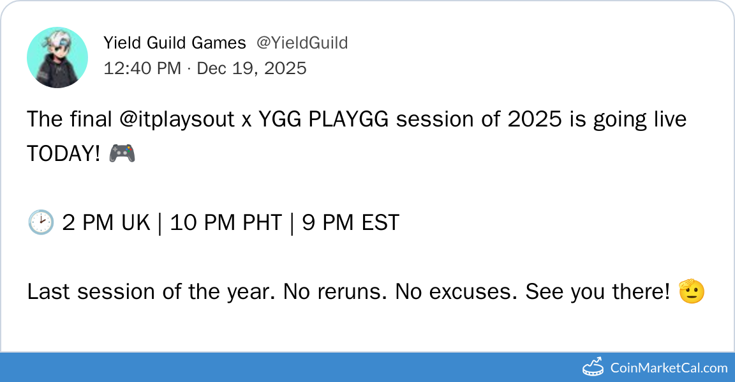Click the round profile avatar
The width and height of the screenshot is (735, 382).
click(57, 57)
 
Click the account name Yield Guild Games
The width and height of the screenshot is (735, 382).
click(174, 43)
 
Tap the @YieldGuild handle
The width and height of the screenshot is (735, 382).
click(302, 43)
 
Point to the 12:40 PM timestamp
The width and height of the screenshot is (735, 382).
click(142, 68)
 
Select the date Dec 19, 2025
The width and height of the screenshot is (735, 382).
click(252, 68)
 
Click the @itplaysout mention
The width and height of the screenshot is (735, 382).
click(177, 119)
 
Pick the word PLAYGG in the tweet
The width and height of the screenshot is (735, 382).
click(348, 119)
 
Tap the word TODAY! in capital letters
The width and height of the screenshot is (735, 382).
click(63, 153)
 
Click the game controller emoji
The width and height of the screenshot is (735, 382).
click(122, 153)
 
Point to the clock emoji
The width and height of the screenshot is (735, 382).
click(41, 222)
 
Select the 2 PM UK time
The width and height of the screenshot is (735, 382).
click(106, 222)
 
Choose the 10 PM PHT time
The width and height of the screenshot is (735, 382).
click(226, 222)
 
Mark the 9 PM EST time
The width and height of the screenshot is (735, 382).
click(351, 222)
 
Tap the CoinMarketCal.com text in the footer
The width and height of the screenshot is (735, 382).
click(669, 368)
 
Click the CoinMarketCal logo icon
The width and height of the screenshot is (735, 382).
click(593, 367)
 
